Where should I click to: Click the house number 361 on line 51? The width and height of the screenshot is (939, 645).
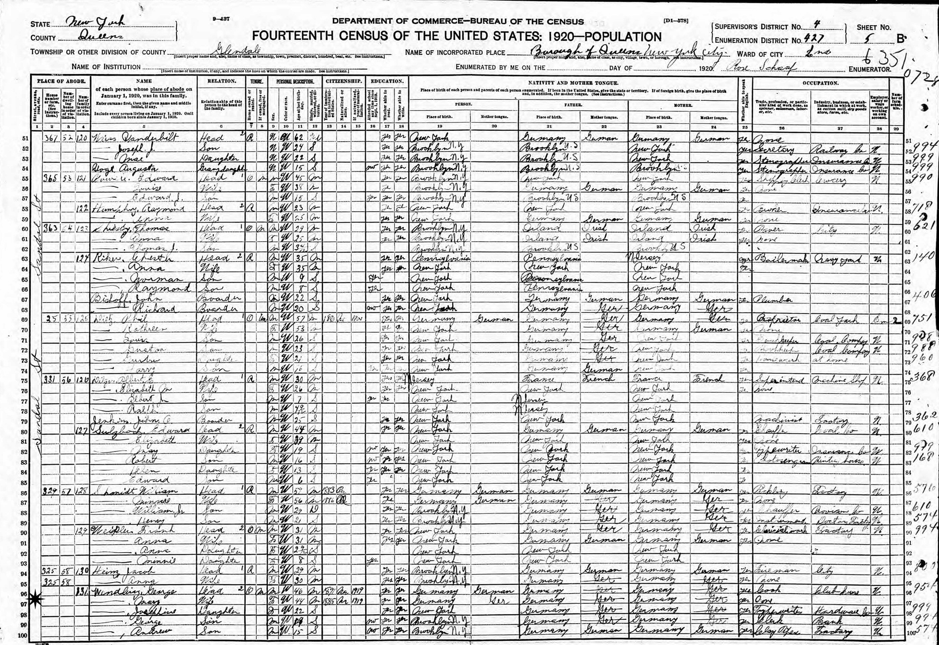pyautogui.click(x=51, y=139)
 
